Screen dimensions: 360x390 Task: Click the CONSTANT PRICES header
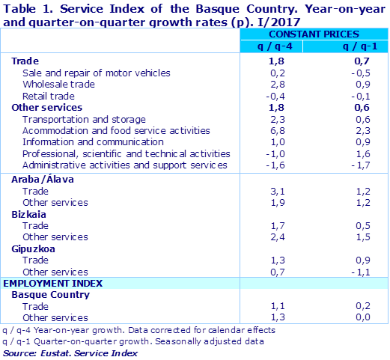[x=313, y=34]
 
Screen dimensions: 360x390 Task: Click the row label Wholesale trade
[x=58, y=85]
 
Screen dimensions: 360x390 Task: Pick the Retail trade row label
[x=48, y=96]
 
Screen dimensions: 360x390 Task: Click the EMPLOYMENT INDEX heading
[x=53, y=284]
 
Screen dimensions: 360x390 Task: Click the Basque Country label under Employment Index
[x=51, y=295]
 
